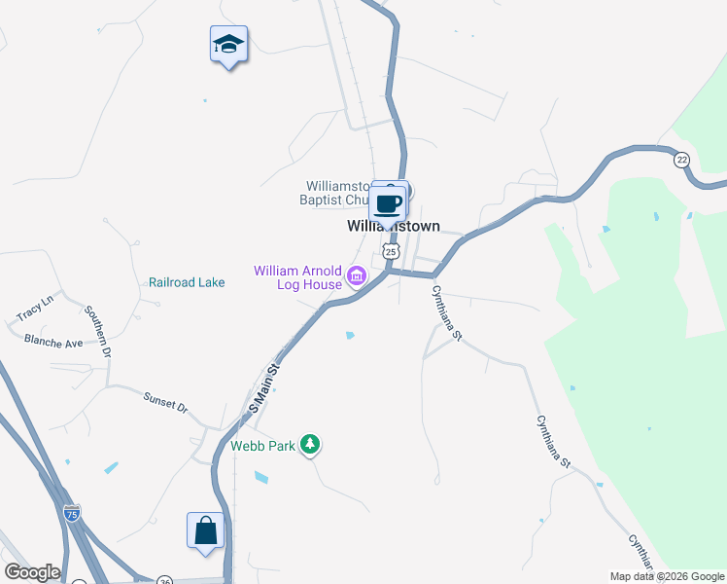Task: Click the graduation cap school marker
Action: [228, 44]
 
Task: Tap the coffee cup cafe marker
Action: [388, 204]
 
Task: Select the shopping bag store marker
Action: [205, 530]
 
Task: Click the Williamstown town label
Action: [394, 226]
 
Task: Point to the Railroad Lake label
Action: [187, 282]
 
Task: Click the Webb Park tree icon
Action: [310, 445]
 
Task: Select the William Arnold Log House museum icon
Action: [357, 277]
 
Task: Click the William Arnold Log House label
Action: [297, 277]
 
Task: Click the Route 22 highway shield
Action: [682, 160]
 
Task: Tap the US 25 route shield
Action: [391, 251]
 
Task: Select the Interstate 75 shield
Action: [72, 513]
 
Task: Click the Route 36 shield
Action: [164, 580]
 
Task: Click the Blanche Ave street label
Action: [53, 342]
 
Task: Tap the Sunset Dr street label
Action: [165, 403]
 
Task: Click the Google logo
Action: [32, 572]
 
